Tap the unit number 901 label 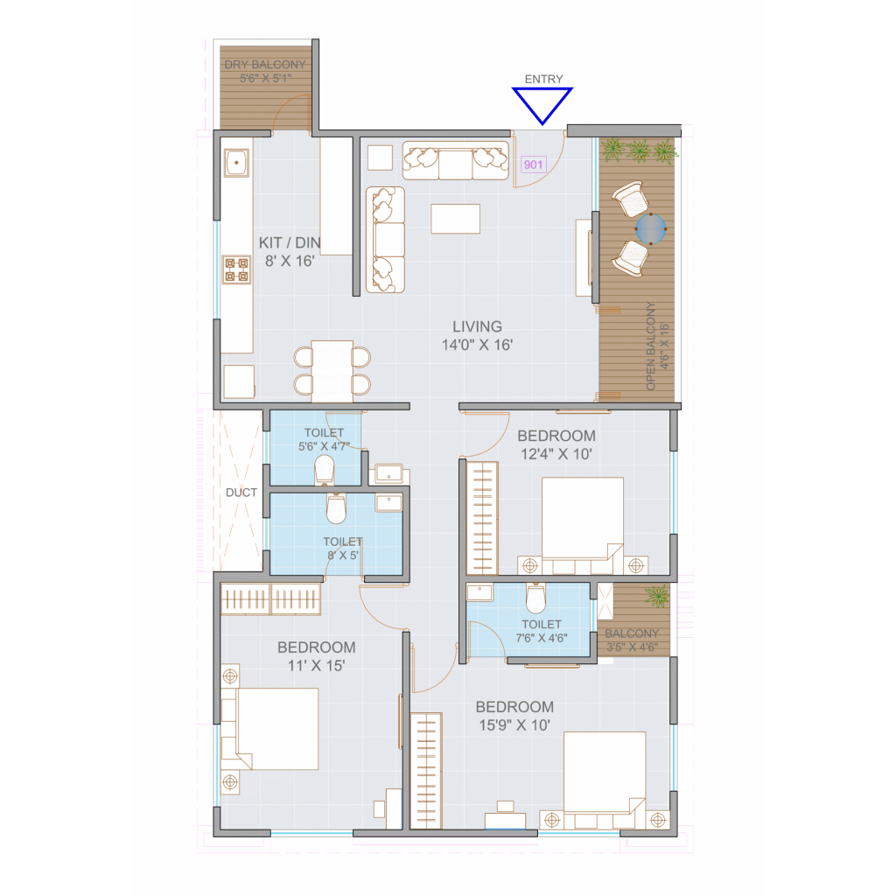click(x=533, y=164)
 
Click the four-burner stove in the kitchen click(x=236, y=269)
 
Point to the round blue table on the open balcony click(x=651, y=229)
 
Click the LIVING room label click(x=477, y=327)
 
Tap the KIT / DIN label click(x=289, y=243)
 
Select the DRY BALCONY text click(x=265, y=65)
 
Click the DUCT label click(x=241, y=493)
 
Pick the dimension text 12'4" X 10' click(x=556, y=454)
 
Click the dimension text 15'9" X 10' click(x=514, y=725)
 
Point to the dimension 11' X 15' click(x=316, y=666)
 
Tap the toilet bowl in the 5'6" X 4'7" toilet click(x=325, y=469)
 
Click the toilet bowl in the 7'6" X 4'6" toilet click(x=536, y=598)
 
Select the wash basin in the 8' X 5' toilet click(x=388, y=503)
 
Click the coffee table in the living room click(x=455, y=219)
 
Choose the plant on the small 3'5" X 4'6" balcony click(x=656, y=596)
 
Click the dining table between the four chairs click(x=332, y=371)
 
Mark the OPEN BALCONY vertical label click(x=650, y=346)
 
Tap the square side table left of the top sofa click(x=380, y=157)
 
